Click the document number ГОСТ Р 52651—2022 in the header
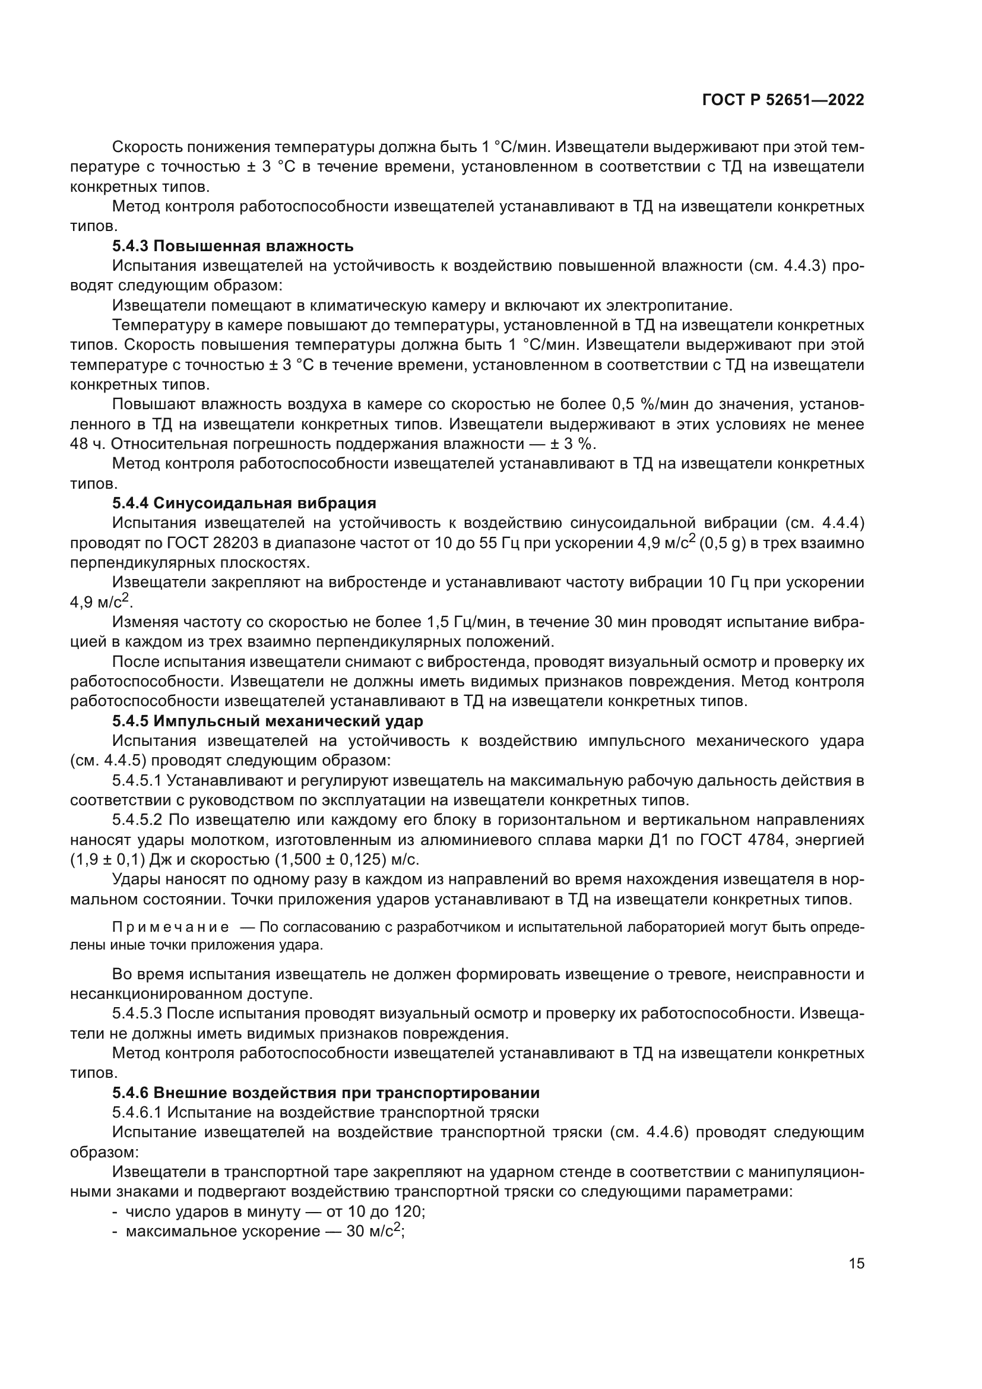click(783, 100)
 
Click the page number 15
click(856, 1263)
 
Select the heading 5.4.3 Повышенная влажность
click(233, 246)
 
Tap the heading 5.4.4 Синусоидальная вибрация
click(244, 504)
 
